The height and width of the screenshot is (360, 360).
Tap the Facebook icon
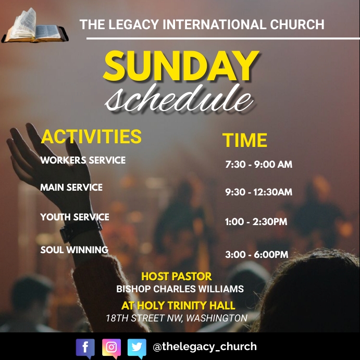[85, 347]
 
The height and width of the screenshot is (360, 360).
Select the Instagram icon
[111, 347]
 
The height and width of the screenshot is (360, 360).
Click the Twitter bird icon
[136, 347]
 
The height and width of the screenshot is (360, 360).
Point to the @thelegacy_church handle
[204, 346]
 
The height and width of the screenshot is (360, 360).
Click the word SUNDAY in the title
[180, 66]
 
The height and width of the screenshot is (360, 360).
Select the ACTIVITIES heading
[91, 136]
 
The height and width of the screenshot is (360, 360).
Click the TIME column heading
[245, 141]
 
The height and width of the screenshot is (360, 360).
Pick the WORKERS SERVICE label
[83, 160]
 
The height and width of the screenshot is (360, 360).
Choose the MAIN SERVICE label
[71, 188]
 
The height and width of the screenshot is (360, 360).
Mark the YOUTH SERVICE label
[75, 217]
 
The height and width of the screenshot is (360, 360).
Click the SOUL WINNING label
[74, 250]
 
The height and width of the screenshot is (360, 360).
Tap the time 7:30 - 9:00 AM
[258, 165]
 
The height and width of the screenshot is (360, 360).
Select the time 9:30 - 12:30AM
[258, 192]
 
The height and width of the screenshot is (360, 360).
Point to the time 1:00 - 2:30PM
[256, 222]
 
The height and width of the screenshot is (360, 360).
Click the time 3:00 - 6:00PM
[256, 255]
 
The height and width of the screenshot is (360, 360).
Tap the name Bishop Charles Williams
[180, 289]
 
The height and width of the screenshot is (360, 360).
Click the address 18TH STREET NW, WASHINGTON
[176, 318]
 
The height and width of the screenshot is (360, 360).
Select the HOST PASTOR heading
[177, 277]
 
